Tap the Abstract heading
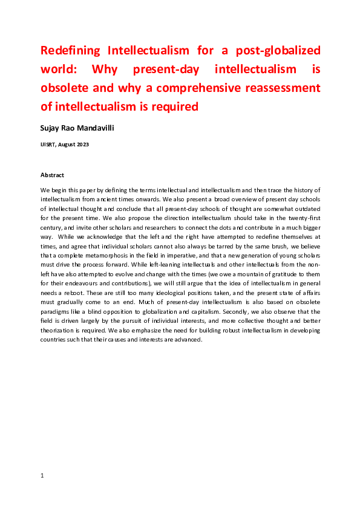52,175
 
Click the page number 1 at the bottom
42,476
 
